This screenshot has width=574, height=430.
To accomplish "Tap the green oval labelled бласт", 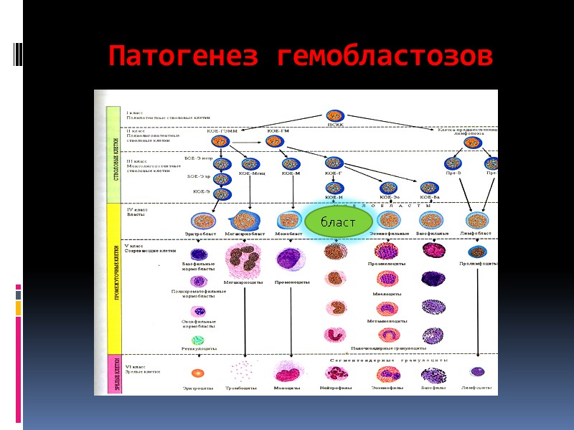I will click(x=339, y=222).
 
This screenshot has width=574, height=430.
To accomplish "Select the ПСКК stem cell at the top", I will click(x=334, y=115).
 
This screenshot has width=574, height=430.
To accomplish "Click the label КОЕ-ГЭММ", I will click(x=222, y=131).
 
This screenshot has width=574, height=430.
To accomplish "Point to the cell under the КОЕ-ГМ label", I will click(x=275, y=142).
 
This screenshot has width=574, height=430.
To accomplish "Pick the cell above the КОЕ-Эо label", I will click(x=389, y=188).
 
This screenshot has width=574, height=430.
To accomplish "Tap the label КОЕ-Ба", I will click(x=430, y=197).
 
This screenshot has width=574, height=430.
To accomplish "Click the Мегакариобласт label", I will click(x=245, y=233).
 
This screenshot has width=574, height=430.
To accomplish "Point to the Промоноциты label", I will click(x=292, y=282).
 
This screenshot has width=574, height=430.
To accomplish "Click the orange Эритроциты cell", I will click(x=198, y=373).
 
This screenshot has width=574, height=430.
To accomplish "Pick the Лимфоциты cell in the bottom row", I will click(x=477, y=371).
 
